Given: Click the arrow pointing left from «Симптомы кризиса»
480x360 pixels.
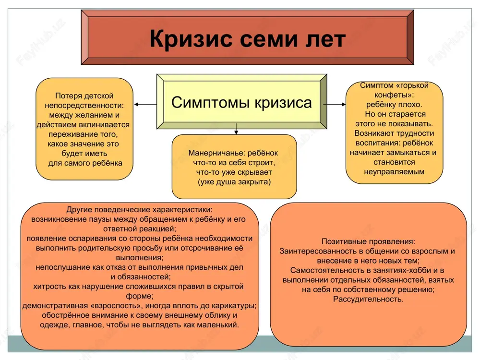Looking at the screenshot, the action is [x=145, y=104].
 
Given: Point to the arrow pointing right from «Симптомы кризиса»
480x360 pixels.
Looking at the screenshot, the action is [x=335, y=104].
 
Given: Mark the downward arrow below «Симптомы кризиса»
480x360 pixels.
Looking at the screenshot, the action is [x=236, y=129].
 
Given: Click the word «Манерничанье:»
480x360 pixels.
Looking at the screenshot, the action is [x=217, y=153].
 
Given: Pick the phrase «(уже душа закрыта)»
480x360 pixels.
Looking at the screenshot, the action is [x=234, y=182].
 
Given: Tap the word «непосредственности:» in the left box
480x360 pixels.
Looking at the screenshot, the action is [x=84, y=106].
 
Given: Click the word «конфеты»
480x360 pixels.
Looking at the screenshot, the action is [x=392, y=95].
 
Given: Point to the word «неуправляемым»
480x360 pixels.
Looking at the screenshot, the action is [x=394, y=172].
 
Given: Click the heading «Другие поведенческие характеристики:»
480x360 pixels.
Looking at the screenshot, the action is [x=139, y=210].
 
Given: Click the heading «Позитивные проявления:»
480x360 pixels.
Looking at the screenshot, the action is [x=368, y=241].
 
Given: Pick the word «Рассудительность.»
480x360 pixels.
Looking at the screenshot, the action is [x=368, y=299].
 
